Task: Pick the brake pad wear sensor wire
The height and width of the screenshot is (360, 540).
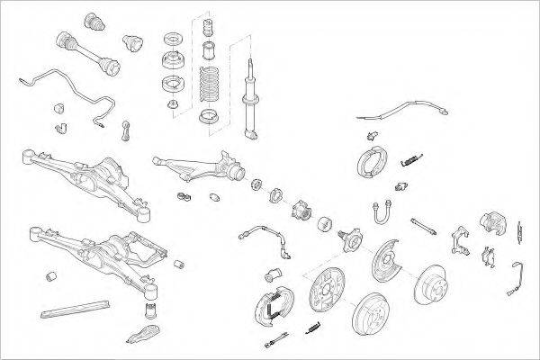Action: (x=519, y=274)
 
